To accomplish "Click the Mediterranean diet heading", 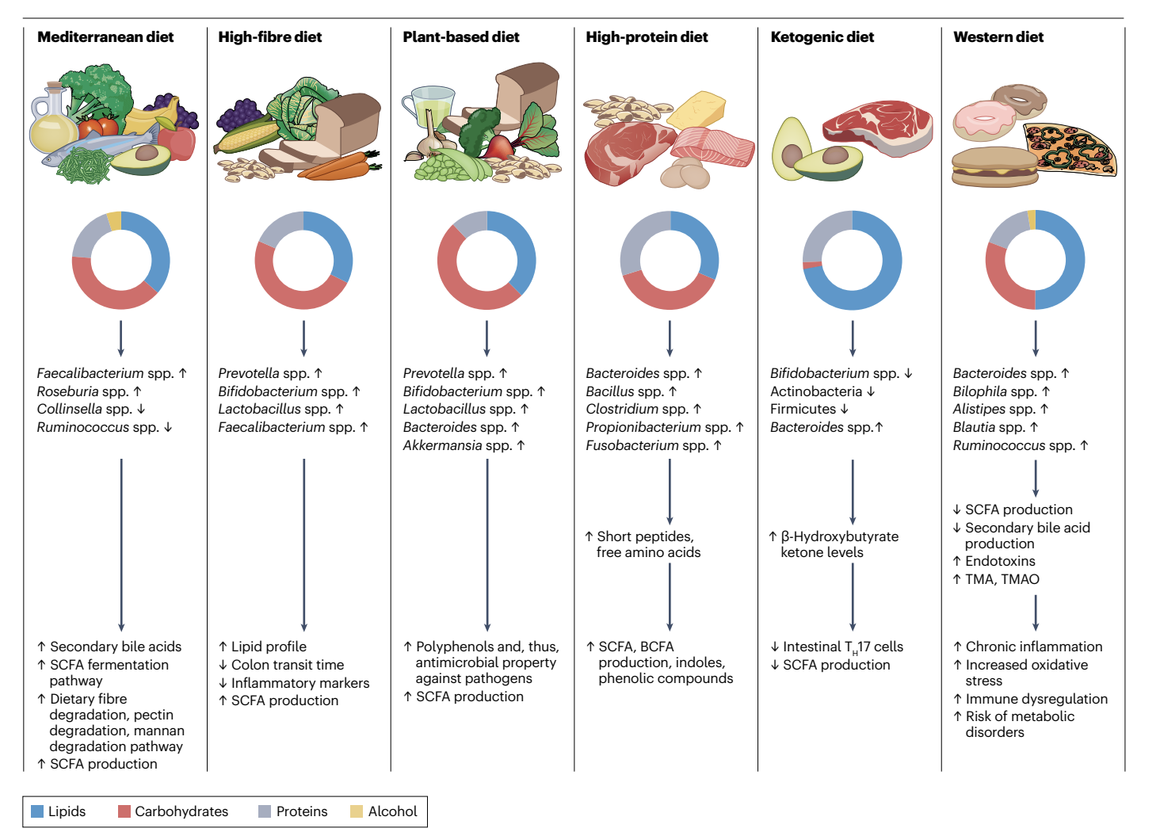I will click(105, 37).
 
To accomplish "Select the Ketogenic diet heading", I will click(822, 37).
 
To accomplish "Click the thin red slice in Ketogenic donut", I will click(812, 265).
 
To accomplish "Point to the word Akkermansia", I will click(442, 445).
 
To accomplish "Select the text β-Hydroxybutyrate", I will click(839, 536).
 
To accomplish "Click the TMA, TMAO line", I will click(1002, 579).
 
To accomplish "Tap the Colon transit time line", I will click(287, 665).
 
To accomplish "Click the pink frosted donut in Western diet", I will click(983, 120).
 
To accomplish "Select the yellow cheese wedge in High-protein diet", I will click(696, 109).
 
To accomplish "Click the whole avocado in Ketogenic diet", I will click(790, 147).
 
